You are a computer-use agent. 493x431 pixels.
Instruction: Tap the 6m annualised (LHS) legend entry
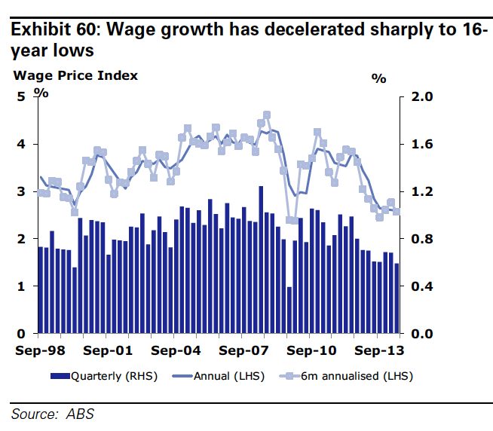point(348,375)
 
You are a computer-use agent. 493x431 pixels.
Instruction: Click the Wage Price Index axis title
point(75,75)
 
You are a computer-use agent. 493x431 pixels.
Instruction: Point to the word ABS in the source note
point(81,414)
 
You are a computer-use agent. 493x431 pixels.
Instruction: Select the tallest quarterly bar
point(261,260)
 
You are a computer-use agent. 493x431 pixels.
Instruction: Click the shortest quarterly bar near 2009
point(289,310)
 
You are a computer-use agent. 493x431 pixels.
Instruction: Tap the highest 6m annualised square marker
point(267,115)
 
